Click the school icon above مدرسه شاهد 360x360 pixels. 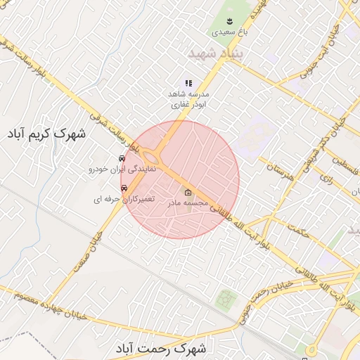click(x=188, y=83)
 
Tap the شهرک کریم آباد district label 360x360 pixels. click(x=47, y=132)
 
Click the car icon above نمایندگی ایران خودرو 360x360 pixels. click(x=122, y=158)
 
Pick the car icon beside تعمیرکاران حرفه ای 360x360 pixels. click(x=124, y=188)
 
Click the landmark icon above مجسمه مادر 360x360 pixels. click(x=188, y=193)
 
